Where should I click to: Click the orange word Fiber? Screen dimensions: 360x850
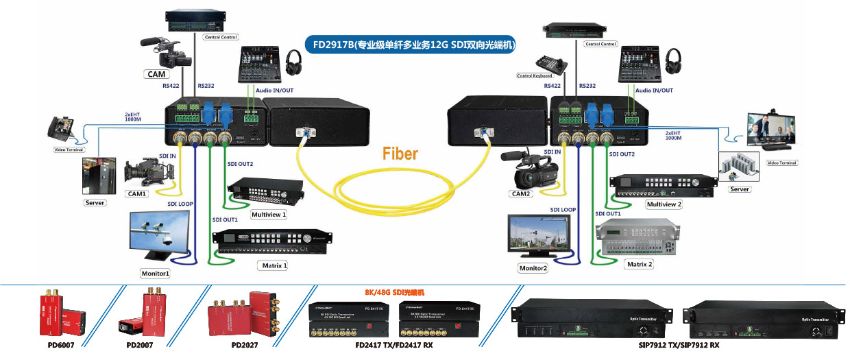[400, 153]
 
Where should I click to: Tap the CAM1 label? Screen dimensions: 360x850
[138, 194]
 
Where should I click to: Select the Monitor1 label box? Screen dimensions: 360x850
[156, 274]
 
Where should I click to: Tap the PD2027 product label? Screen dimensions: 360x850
[245, 345]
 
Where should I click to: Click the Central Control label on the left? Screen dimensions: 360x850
[221, 37]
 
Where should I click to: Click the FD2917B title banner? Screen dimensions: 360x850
[413, 45]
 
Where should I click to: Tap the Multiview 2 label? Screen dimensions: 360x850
[663, 204]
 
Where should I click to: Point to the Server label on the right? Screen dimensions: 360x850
[740, 189]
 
